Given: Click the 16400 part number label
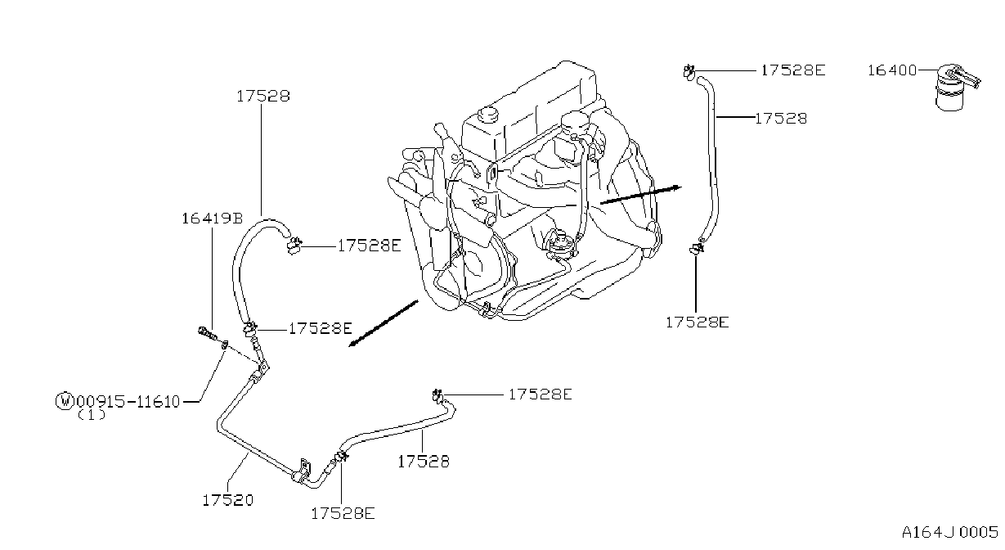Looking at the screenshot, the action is click(892, 70).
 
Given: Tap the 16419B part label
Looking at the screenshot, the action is click(213, 219).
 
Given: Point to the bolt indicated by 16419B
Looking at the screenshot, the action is click(207, 334).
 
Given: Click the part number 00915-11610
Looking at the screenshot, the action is click(128, 401).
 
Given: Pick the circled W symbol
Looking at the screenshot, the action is click(64, 400).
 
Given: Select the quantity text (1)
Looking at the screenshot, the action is click(92, 415).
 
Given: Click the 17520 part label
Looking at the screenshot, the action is click(228, 500).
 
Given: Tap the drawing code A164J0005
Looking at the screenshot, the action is click(950, 533).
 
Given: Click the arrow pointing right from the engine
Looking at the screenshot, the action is click(641, 195).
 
